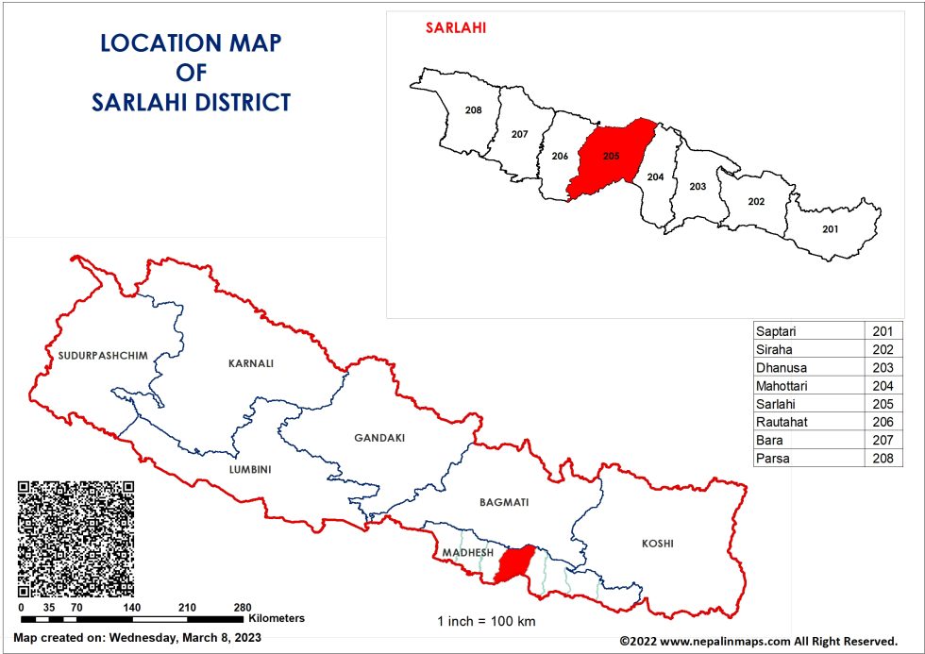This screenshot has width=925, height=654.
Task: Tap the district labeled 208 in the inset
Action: click(x=474, y=110)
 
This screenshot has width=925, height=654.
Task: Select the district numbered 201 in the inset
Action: click(x=830, y=229)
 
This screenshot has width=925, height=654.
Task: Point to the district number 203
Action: click(x=698, y=186)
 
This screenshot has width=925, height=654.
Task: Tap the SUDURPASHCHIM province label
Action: click(x=103, y=355)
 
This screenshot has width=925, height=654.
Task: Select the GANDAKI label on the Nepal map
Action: click(x=379, y=438)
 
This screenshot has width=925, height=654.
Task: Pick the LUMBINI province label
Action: click(x=249, y=469)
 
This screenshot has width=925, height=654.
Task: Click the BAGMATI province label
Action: click(x=504, y=502)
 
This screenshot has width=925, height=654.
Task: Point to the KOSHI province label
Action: click(x=658, y=544)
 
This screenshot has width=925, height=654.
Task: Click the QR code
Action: click(x=76, y=538)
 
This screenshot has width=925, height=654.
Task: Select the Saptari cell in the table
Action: click(x=776, y=330)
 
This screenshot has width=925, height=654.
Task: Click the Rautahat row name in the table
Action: click(x=781, y=422)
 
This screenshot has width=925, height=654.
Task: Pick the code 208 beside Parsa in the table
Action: click(x=883, y=458)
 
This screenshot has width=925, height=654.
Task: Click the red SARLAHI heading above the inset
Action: click(x=456, y=26)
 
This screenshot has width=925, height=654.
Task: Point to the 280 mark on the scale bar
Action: click(x=243, y=607)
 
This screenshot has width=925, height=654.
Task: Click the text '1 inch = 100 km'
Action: click(x=486, y=621)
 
